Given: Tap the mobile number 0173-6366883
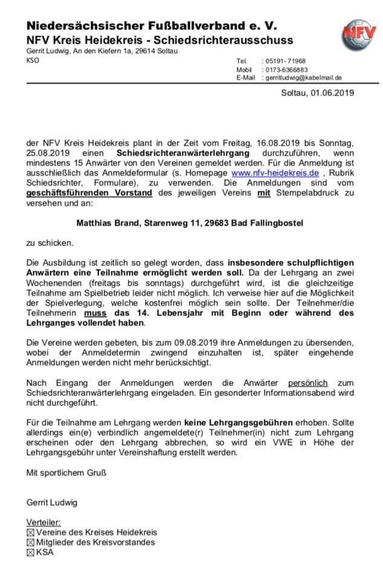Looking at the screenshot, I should [x=286, y=69].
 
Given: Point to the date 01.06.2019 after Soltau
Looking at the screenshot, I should [x=333, y=93].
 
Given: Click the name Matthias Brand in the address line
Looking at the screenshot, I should [x=108, y=223].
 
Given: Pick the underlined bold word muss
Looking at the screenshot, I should [x=95, y=313].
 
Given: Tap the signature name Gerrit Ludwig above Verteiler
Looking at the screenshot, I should [x=52, y=502].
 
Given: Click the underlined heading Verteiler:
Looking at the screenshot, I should [x=44, y=522].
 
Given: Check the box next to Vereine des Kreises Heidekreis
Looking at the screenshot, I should [x=31, y=532].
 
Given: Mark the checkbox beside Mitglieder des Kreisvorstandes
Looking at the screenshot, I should [x=31, y=542].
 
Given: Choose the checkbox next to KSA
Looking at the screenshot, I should [x=31, y=552].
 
